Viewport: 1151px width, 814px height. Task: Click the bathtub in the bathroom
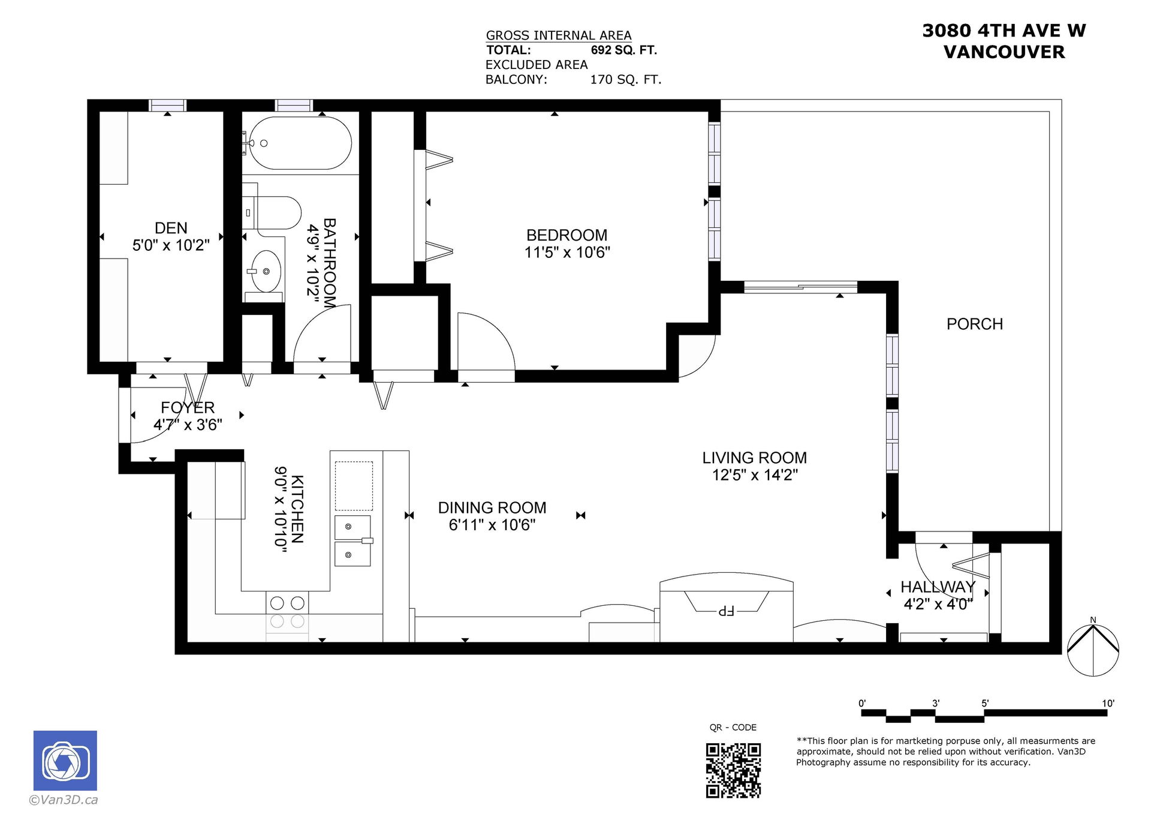(x=300, y=143)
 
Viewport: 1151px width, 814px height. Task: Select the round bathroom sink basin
(x=266, y=271)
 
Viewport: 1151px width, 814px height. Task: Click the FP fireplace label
(x=726, y=611)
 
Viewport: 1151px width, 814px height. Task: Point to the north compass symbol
(x=1093, y=649)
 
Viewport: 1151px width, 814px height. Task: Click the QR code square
(x=733, y=770)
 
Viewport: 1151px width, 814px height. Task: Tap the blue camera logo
(x=65, y=760)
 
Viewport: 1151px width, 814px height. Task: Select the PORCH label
(x=975, y=324)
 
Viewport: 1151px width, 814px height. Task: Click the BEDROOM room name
(x=567, y=235)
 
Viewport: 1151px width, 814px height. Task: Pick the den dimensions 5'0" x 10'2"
(x=171, y=245)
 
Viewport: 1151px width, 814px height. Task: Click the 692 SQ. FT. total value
(x=624, y=50)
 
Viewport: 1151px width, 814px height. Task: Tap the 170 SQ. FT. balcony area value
(x=626, y=80)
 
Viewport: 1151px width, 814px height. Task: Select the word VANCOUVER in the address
(x=1004, y=52)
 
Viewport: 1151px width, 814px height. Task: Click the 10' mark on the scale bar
(x=1108, y=704)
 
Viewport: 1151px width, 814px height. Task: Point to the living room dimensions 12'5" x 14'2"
(x=755, y=475)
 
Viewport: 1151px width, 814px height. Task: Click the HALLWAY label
(x=938, y=587)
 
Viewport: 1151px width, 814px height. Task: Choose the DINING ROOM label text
(x=492, y=508)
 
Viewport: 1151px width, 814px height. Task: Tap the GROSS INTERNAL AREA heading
(x=559, y=35)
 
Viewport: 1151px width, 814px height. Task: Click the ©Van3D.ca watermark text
(x=64, y=800)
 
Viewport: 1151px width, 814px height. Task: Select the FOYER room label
(x=188, y=408)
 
